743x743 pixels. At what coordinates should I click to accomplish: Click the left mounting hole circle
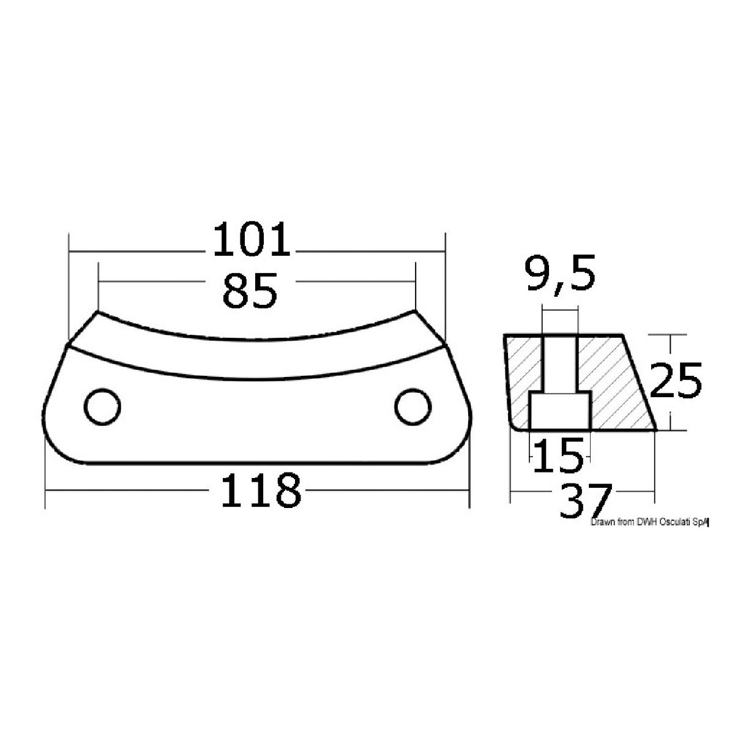(x=102, y=406)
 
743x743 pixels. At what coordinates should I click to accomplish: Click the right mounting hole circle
(x=413, y=407)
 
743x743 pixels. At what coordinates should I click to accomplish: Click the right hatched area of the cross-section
(x=612, y=379)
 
